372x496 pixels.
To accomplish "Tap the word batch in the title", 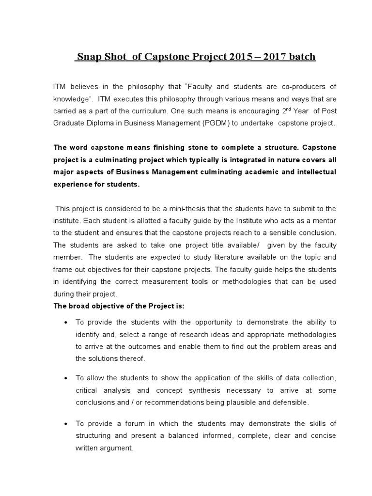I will click(302, 57).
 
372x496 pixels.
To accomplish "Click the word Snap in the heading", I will click(89, 57).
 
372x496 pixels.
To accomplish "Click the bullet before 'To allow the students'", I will click(65, 378).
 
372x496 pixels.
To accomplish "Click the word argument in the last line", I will click(116, 448).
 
